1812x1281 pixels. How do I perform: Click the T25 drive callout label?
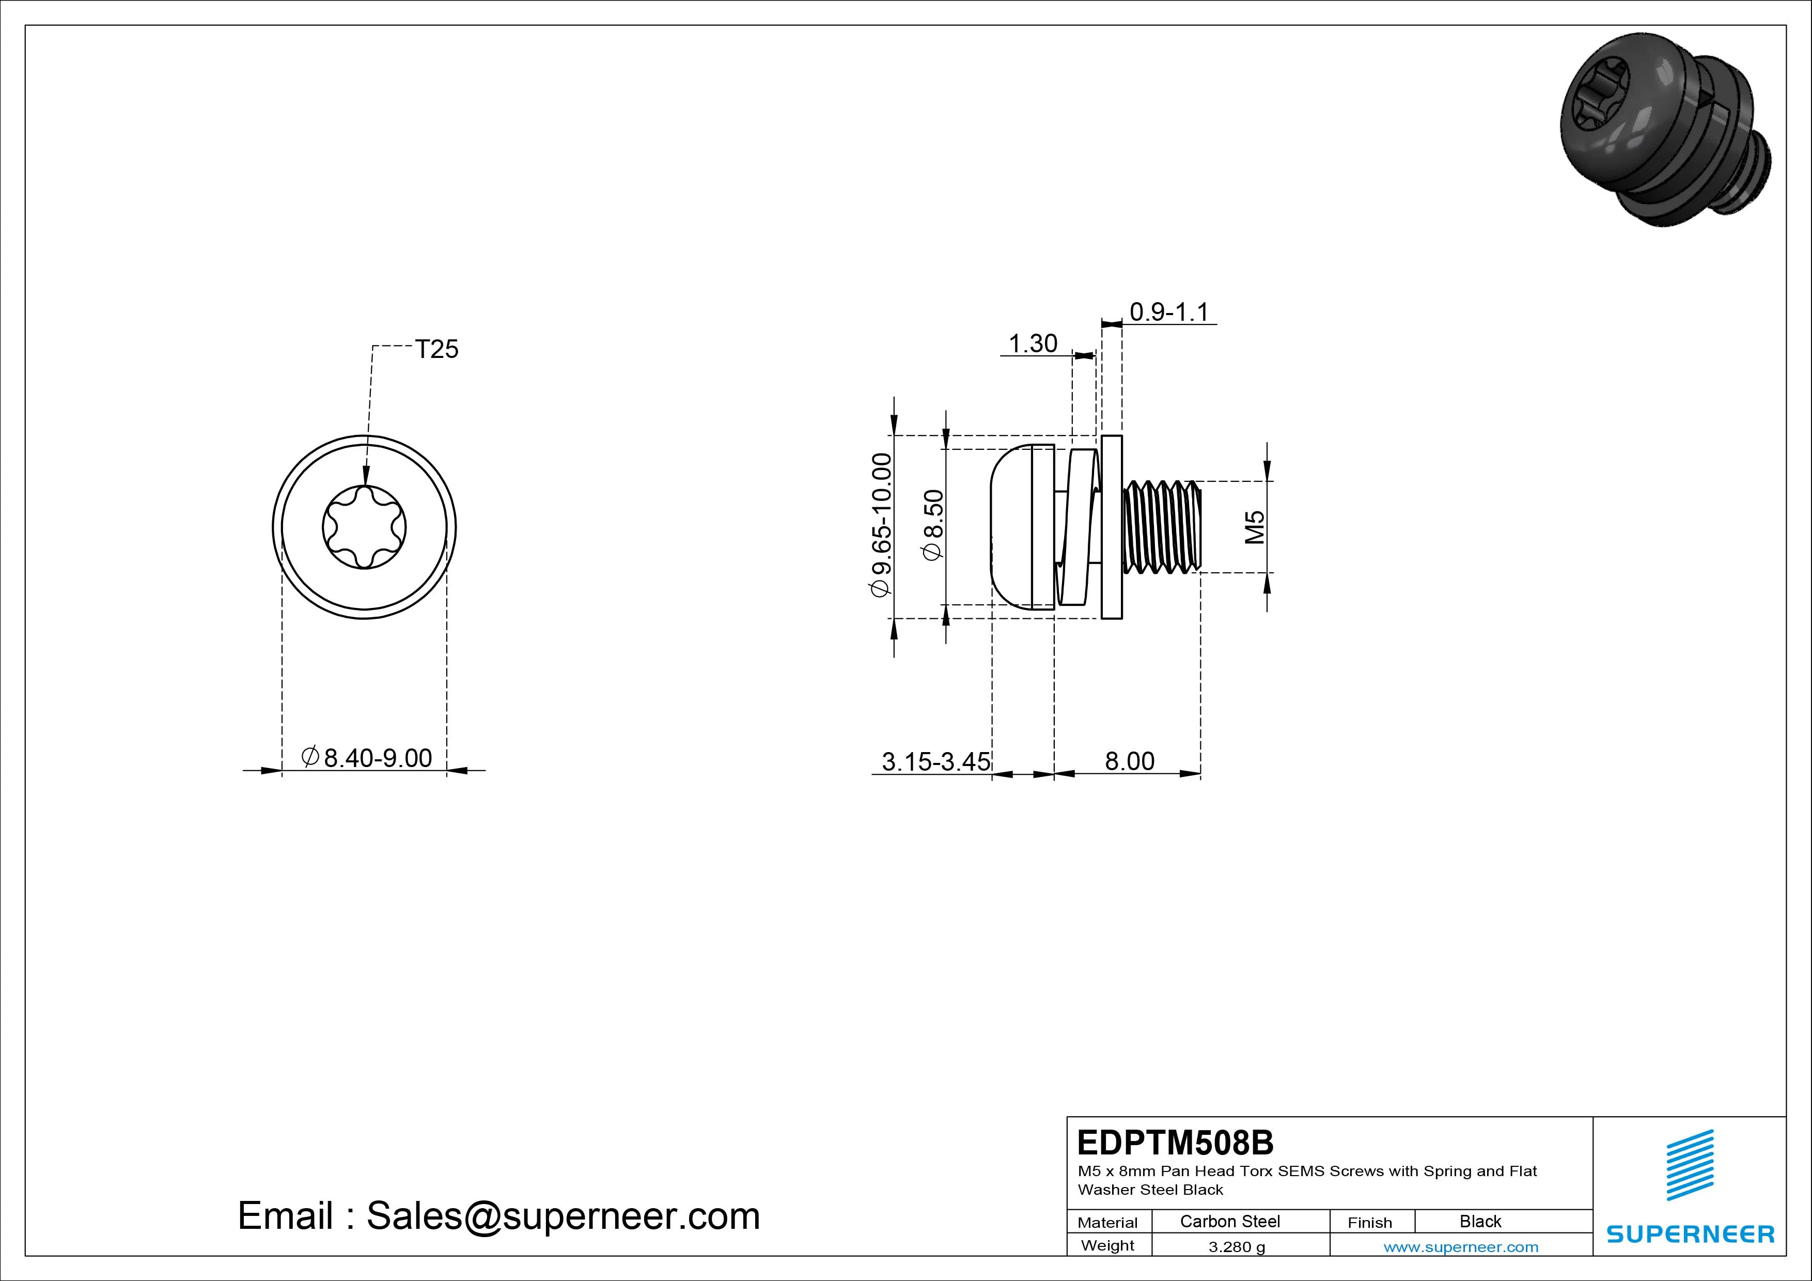point(436,349)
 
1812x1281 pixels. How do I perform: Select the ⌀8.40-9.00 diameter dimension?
point(367,758)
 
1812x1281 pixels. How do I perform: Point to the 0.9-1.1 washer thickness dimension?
point(1169,312)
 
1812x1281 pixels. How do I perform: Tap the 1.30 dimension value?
point(1033,343)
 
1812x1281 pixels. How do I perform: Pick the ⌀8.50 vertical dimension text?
point(933,525)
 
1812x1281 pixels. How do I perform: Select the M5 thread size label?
point(1254,527)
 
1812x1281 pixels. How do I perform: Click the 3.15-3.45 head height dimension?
point(935,762)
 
